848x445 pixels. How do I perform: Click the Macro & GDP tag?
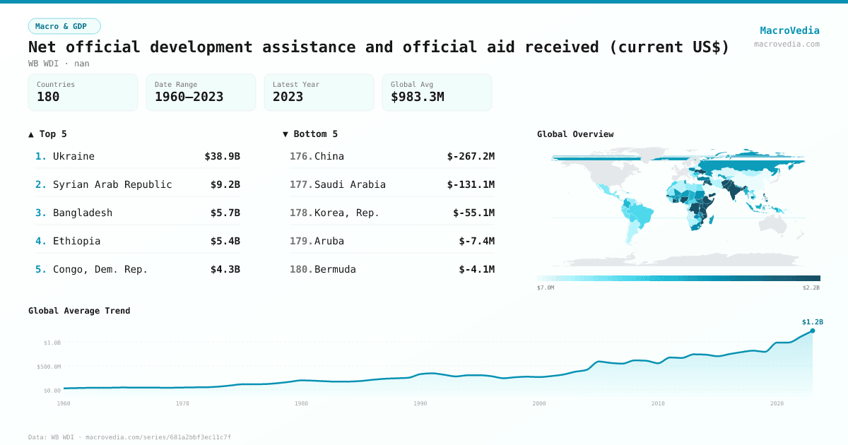coord(64,26)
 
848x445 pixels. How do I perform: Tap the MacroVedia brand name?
coord(789,30)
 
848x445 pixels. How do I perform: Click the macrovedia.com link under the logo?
coord(787,44)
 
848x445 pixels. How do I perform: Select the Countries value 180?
coord(48,97)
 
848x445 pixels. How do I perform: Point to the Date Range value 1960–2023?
coord(189,97)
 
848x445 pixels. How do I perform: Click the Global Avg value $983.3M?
coord(417,97)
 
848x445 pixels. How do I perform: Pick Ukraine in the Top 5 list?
coord(73,156)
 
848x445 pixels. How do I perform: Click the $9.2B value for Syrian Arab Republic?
coord(225,184)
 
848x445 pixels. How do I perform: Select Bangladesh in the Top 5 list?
coord(83,213)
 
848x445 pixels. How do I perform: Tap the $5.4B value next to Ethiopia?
coord(225,241)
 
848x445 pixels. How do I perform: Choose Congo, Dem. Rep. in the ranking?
coord(100,269)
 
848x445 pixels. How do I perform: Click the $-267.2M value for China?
coord(471,156)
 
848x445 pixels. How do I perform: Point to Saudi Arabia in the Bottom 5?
coord(350,184)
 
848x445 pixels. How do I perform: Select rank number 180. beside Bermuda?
coord(301,269)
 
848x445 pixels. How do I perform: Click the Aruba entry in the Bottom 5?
coord(329,241)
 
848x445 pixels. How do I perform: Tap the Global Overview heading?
coord(575,134)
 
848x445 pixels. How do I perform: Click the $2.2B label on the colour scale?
coord(811,287)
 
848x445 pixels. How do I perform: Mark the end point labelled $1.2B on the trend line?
coord(812,331)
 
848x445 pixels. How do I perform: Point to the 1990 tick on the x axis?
coord(420,403)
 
